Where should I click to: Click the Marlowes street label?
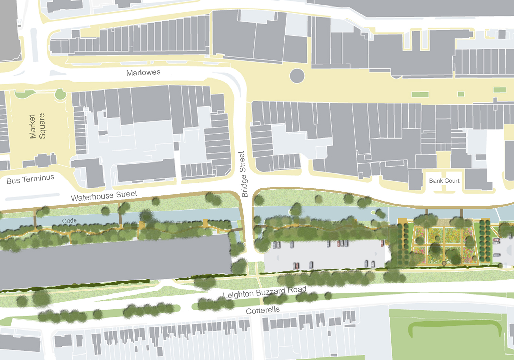(x=143, y=72)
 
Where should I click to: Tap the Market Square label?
(x=37, y=126)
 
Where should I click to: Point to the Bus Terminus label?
(x=30, y=179)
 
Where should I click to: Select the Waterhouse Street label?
(x=104, y=196)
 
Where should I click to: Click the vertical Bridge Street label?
(x=243, y=174)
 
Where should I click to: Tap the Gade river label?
(x=69, y=220)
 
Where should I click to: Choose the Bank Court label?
(x=444, y=181)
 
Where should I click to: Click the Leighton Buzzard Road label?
(x=265, y=292)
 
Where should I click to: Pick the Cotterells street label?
(x=262, y=310)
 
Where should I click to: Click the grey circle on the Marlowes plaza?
(x=297, y=76)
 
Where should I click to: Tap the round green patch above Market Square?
(x=61, y=94)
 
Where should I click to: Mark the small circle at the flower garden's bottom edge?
(x=444, y=263)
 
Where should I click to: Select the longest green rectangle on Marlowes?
(x=420, y=94)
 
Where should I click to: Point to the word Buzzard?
(x=270, y=292)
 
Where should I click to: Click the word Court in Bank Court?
(x=452, y=181)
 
